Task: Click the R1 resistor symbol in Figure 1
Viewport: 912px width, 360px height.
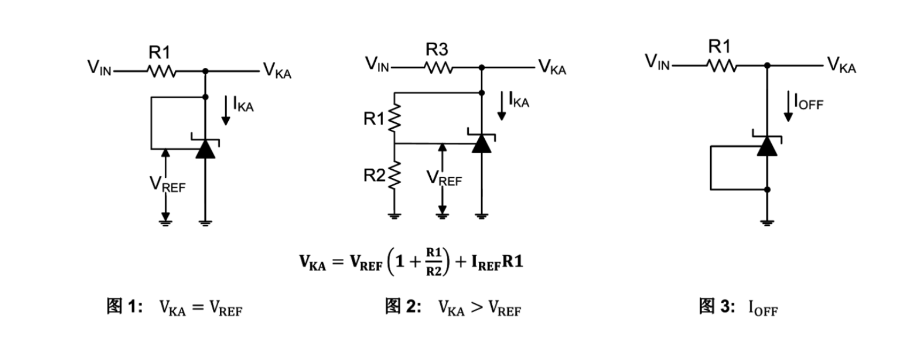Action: (161, 72)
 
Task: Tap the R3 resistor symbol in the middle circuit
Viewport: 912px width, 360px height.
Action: (438, 68)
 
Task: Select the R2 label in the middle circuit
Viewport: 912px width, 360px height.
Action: (374, 175)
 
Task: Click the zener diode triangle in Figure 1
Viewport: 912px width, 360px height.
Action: (205, 148)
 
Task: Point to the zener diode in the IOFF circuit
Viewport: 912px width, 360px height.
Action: (767, 145)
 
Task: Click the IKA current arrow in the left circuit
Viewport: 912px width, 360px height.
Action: (226, 110)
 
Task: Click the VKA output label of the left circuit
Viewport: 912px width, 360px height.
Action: (277, 70)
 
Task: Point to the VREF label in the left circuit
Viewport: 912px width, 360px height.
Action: (167, 184)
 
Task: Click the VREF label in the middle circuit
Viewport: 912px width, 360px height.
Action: (444, 178)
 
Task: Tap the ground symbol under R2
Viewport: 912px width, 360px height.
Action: (394, 215)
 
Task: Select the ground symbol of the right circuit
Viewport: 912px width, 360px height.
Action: (767, 222)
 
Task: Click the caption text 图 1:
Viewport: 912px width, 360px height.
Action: (125, 306)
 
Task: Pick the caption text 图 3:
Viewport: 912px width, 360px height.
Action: (717, 306)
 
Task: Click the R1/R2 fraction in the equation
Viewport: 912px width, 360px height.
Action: (434, 261)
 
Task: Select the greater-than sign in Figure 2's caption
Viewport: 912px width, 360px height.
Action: (476, 308)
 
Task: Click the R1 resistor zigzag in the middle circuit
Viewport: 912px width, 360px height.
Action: (394, 118)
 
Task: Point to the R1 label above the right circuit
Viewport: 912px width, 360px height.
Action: (719, 47)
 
